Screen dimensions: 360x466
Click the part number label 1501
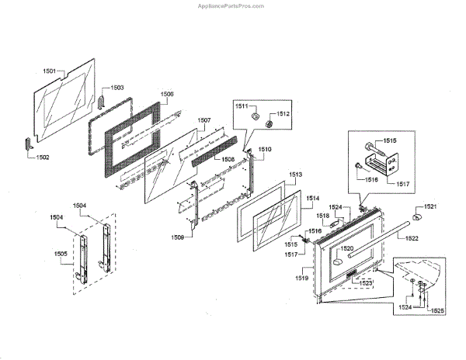click(x=48, y=71)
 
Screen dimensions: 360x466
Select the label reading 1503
click(x=116, y=88)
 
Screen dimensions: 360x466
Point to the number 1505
click(x=60, y=253)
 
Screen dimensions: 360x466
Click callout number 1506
click(x=167, y=94)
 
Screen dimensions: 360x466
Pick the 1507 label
click(x=203, y=120)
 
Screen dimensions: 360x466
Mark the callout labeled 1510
click(x=264, y=148)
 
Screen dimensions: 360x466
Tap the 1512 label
click(x=283, y=114)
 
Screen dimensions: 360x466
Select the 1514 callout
click(x=312, y=199)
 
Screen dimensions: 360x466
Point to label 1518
click(x=322, y=216)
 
